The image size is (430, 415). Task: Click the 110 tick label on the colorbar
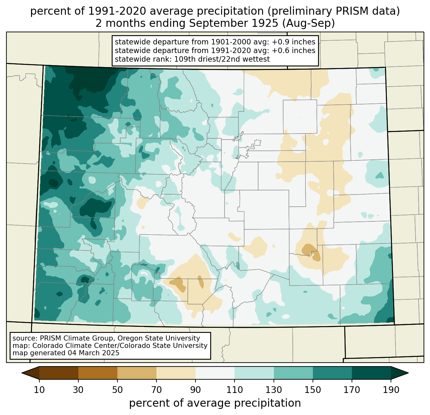[x=235, y=390]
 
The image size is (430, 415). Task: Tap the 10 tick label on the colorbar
[x=39, y=390]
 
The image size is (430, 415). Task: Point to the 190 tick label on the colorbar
[x=391, y=390]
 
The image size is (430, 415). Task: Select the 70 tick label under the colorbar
[x=156, y=390]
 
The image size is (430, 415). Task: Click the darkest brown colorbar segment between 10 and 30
[x=59, y=373]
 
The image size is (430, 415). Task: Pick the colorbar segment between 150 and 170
[x=332, y=373]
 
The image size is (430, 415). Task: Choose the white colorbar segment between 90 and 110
[x=215, y=373]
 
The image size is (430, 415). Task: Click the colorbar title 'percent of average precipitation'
[x=215, y=403]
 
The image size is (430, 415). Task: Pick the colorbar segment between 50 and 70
[x=137, y=373]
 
